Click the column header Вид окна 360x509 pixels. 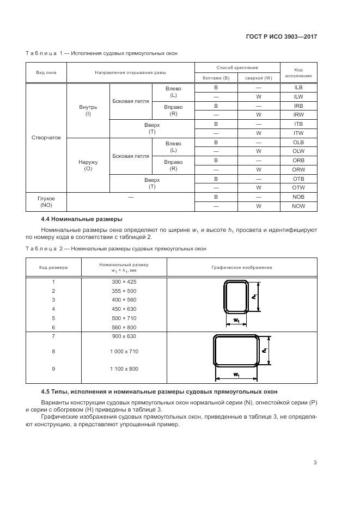point(46,72)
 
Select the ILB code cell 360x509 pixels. point(298,87)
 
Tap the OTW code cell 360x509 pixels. point(298,187)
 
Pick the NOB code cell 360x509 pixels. point(298,197)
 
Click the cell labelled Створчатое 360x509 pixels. point(46,137)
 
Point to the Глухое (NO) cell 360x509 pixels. point(46,201)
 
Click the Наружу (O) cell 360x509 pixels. point(88,165)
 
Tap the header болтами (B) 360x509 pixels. point(216,77)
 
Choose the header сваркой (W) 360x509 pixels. point(258,77)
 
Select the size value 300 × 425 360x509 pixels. point(124,281)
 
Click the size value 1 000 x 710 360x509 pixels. point(124,352)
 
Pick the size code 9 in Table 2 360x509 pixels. point(53,369)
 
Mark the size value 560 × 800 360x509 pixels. point(124,327)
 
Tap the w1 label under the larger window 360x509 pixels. point(236,375)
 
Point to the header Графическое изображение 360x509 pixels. point(242,267)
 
